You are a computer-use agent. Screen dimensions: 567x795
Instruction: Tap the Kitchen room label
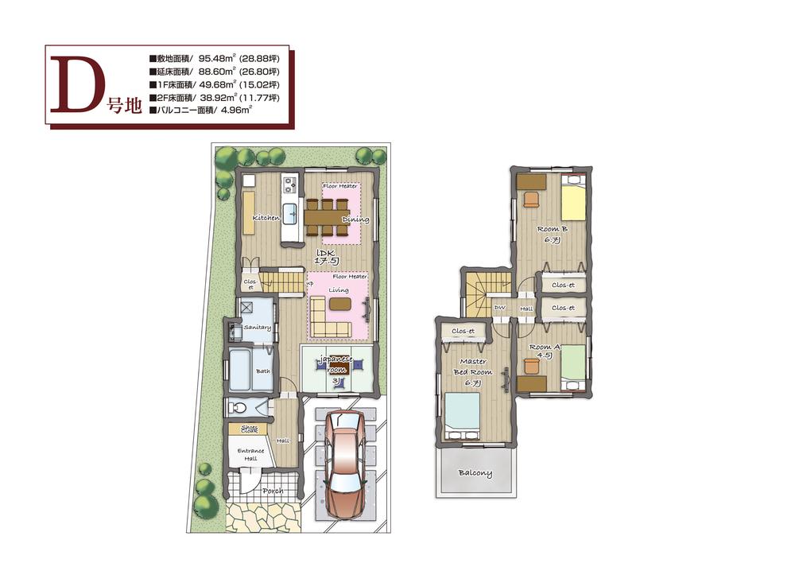[266, 217]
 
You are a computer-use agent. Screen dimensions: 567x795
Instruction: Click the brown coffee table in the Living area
[339, 304]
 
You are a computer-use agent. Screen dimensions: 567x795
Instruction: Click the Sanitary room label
[258, 328]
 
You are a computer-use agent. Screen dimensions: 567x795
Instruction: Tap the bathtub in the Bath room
[242, 371]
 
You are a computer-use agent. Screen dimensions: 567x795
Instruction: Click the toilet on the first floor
[237, 408]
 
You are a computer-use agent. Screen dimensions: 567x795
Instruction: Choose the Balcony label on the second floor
[475, 473]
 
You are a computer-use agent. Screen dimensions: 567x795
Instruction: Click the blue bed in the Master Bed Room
[462, 413]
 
